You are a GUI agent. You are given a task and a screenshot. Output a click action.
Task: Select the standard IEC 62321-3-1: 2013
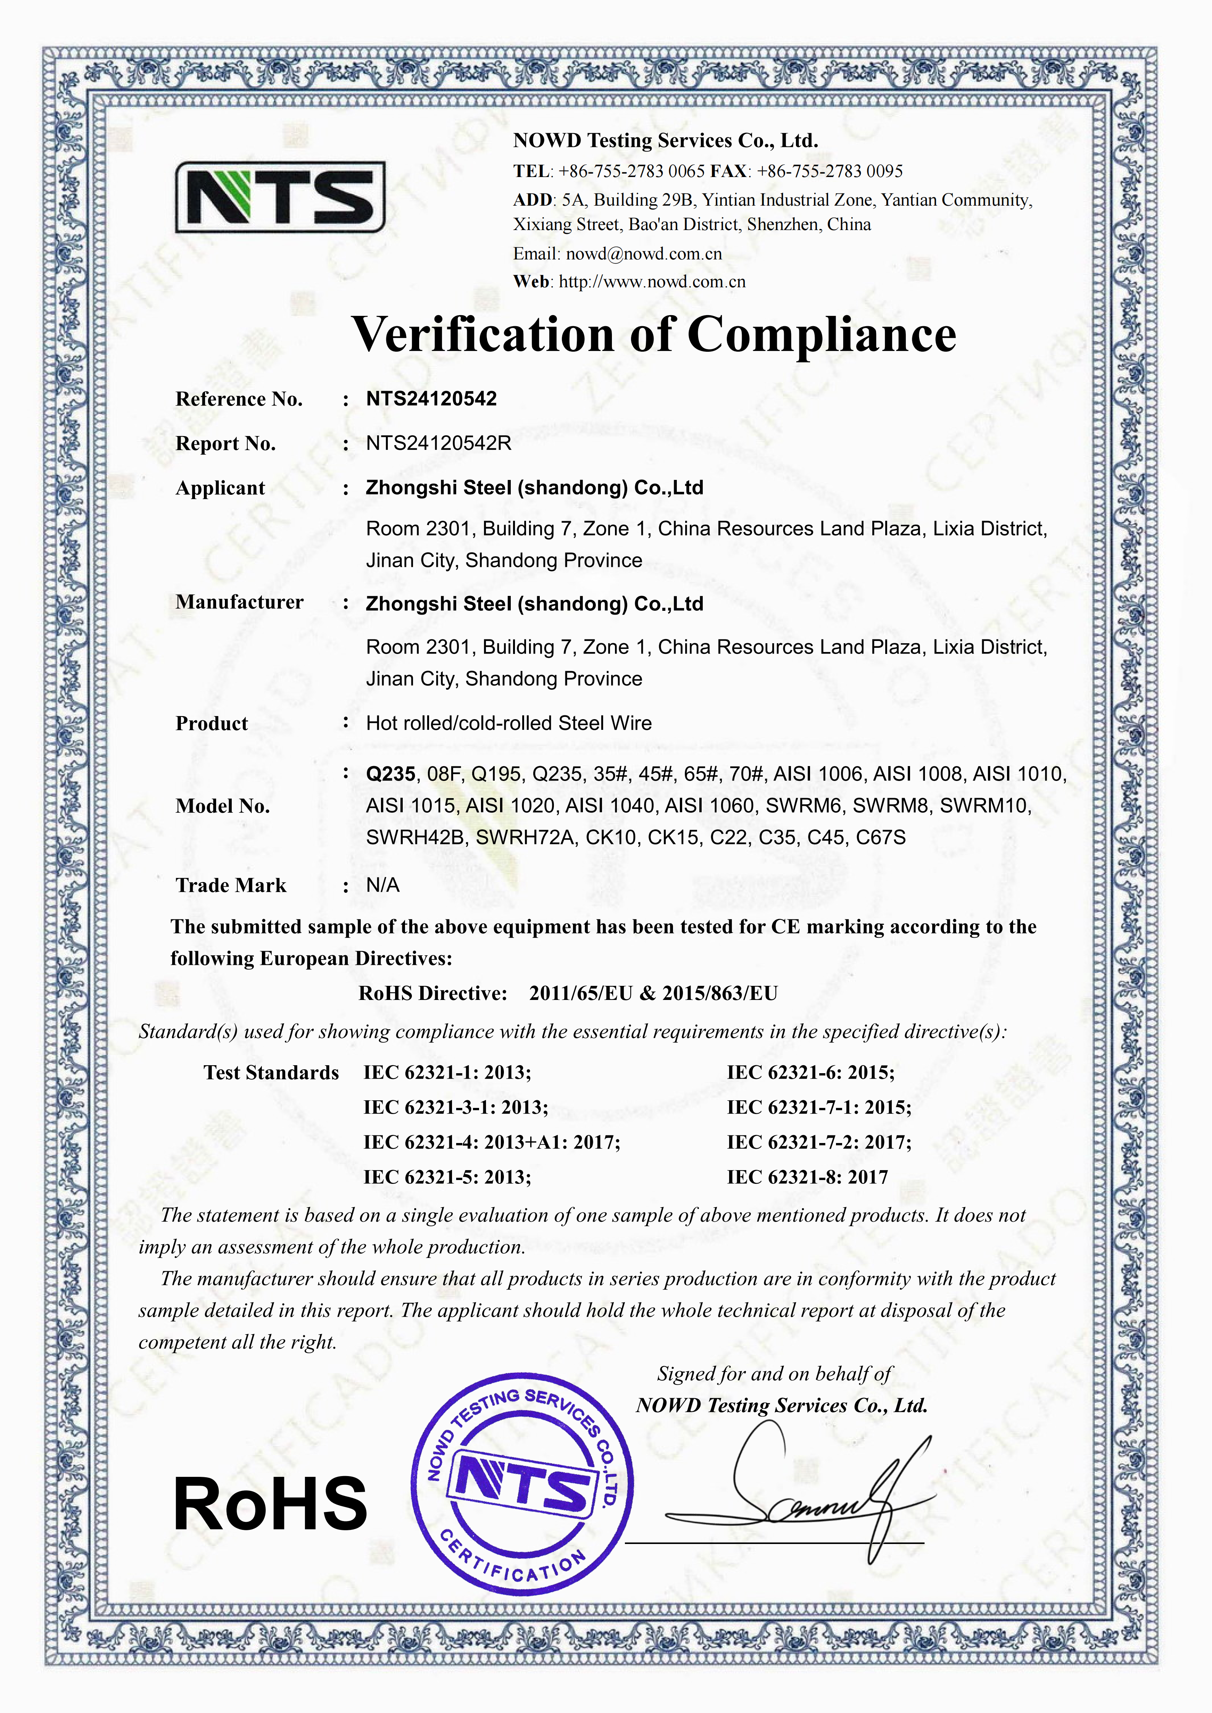(x=455, y=1107)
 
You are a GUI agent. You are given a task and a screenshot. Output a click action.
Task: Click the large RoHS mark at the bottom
(x=270, y=1504)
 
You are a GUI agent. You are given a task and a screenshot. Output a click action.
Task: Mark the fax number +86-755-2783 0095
(x=829, y=172)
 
